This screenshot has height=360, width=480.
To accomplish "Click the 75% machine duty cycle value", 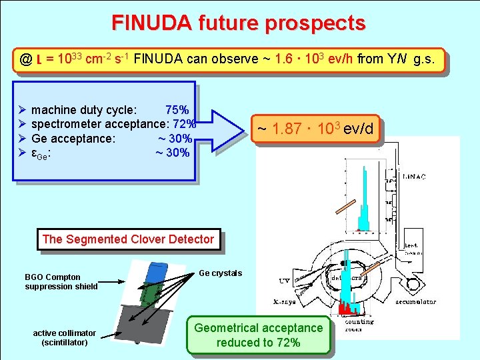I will point(177,109).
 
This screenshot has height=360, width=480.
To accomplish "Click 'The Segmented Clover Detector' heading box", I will point(128,239).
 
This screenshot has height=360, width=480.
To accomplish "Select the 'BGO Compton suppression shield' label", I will point(61,281).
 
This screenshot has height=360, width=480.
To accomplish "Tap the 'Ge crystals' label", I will point(221,273).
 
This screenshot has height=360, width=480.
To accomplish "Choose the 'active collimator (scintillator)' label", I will point(64,337).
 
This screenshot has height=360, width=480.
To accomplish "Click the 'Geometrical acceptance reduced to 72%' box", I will point(258,335).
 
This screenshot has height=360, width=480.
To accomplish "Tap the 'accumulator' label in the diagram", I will point(414,302).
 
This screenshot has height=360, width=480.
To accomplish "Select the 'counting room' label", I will point(360,325).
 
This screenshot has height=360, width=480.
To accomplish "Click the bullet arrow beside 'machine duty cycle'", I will point(23,109).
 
